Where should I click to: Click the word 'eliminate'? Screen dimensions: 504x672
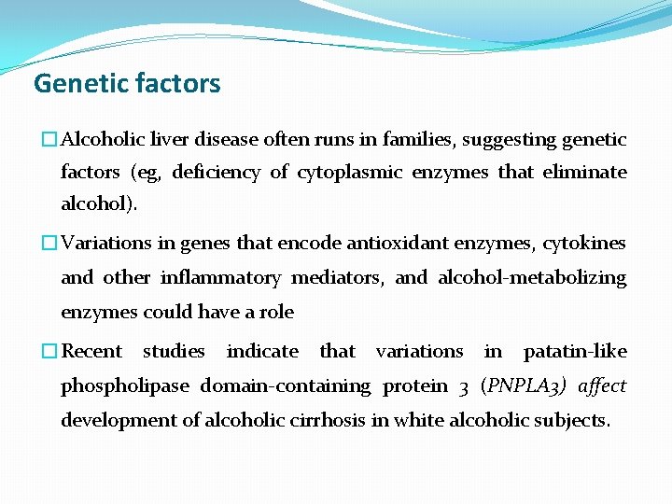pos(586,173)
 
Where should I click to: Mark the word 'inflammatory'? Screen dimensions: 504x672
pos(220,277)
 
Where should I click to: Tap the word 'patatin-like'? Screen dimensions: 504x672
pos(575,352)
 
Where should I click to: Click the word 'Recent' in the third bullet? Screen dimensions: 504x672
pos(91,352)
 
